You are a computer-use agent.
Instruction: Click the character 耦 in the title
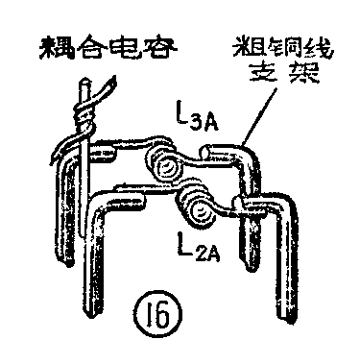[x=47, y=47]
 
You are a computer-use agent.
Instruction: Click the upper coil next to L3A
[x=167, y=168]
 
